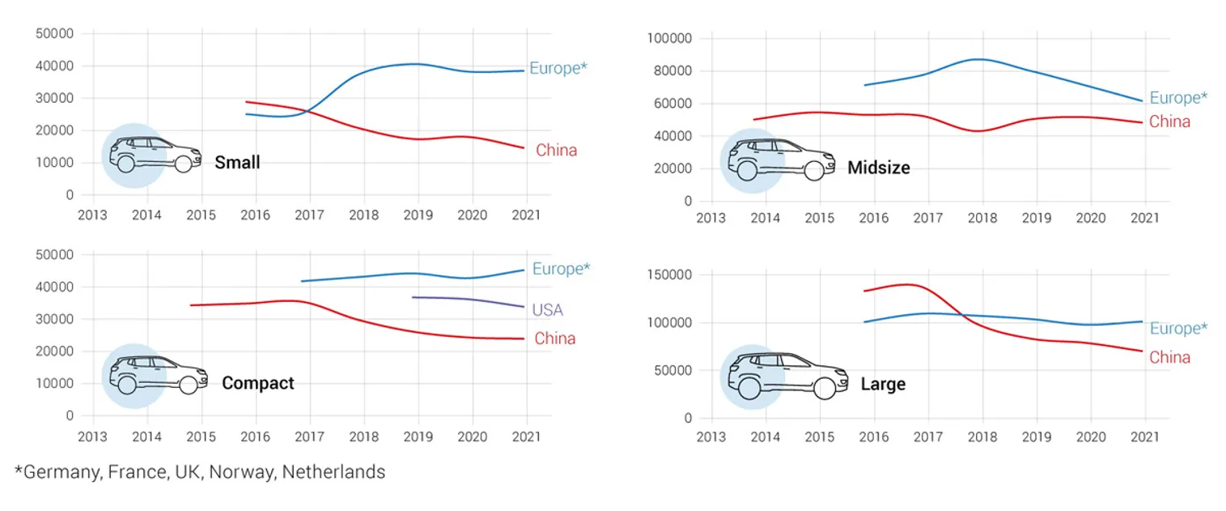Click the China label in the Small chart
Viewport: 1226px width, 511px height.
click(x=556, y=151)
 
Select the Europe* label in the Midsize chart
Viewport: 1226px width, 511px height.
click(x=1178, y=98)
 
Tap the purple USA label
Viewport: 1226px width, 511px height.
click(x=547, y=310)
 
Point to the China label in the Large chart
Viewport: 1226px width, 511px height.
click(x=1169, y=357)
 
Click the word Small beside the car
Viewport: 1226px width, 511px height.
click(x=237, y=163)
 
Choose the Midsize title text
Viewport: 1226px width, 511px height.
click(x=878, y=168)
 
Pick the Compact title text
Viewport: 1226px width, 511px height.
click(x=257, y=383)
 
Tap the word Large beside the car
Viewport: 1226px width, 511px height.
click(x=883, y=384)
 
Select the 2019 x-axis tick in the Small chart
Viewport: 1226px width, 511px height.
click(x=418, y=215)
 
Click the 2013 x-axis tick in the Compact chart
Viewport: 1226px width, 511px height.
click(x=92, y=436)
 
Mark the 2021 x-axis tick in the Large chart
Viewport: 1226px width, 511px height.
click(x=1144, y=437)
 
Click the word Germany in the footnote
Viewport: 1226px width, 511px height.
click(x=59, y=472)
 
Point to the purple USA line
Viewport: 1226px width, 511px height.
click(x=469, y=299)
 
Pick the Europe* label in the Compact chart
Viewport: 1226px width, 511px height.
click(x=561, y=269)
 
